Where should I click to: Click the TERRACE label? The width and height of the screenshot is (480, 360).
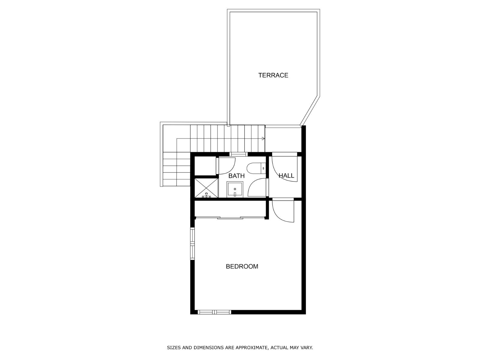pos(273,75)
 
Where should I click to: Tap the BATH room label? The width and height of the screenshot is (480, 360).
pos(236,176)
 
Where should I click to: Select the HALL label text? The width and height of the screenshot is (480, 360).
pos(286,176)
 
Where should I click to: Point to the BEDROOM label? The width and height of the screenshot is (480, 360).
pos(242,266)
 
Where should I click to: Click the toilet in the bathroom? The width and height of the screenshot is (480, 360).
pos(257,169)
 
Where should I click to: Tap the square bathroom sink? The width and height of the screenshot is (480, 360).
pos(235,189)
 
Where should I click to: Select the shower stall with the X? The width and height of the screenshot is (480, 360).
pos(206,188)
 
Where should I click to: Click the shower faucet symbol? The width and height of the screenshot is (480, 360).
pos(206,195)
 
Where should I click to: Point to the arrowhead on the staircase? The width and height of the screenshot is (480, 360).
pos(263,138)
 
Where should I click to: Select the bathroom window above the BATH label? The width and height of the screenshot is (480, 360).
pos(238,154)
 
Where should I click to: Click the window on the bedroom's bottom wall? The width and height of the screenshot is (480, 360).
pos(214,312)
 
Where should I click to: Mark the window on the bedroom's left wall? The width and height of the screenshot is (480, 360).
pos(192,244)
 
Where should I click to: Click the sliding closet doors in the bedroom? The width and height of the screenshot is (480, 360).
pos(230,218)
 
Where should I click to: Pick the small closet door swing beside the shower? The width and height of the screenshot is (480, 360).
pos(226,166)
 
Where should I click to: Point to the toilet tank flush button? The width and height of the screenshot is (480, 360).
pos(263,169)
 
